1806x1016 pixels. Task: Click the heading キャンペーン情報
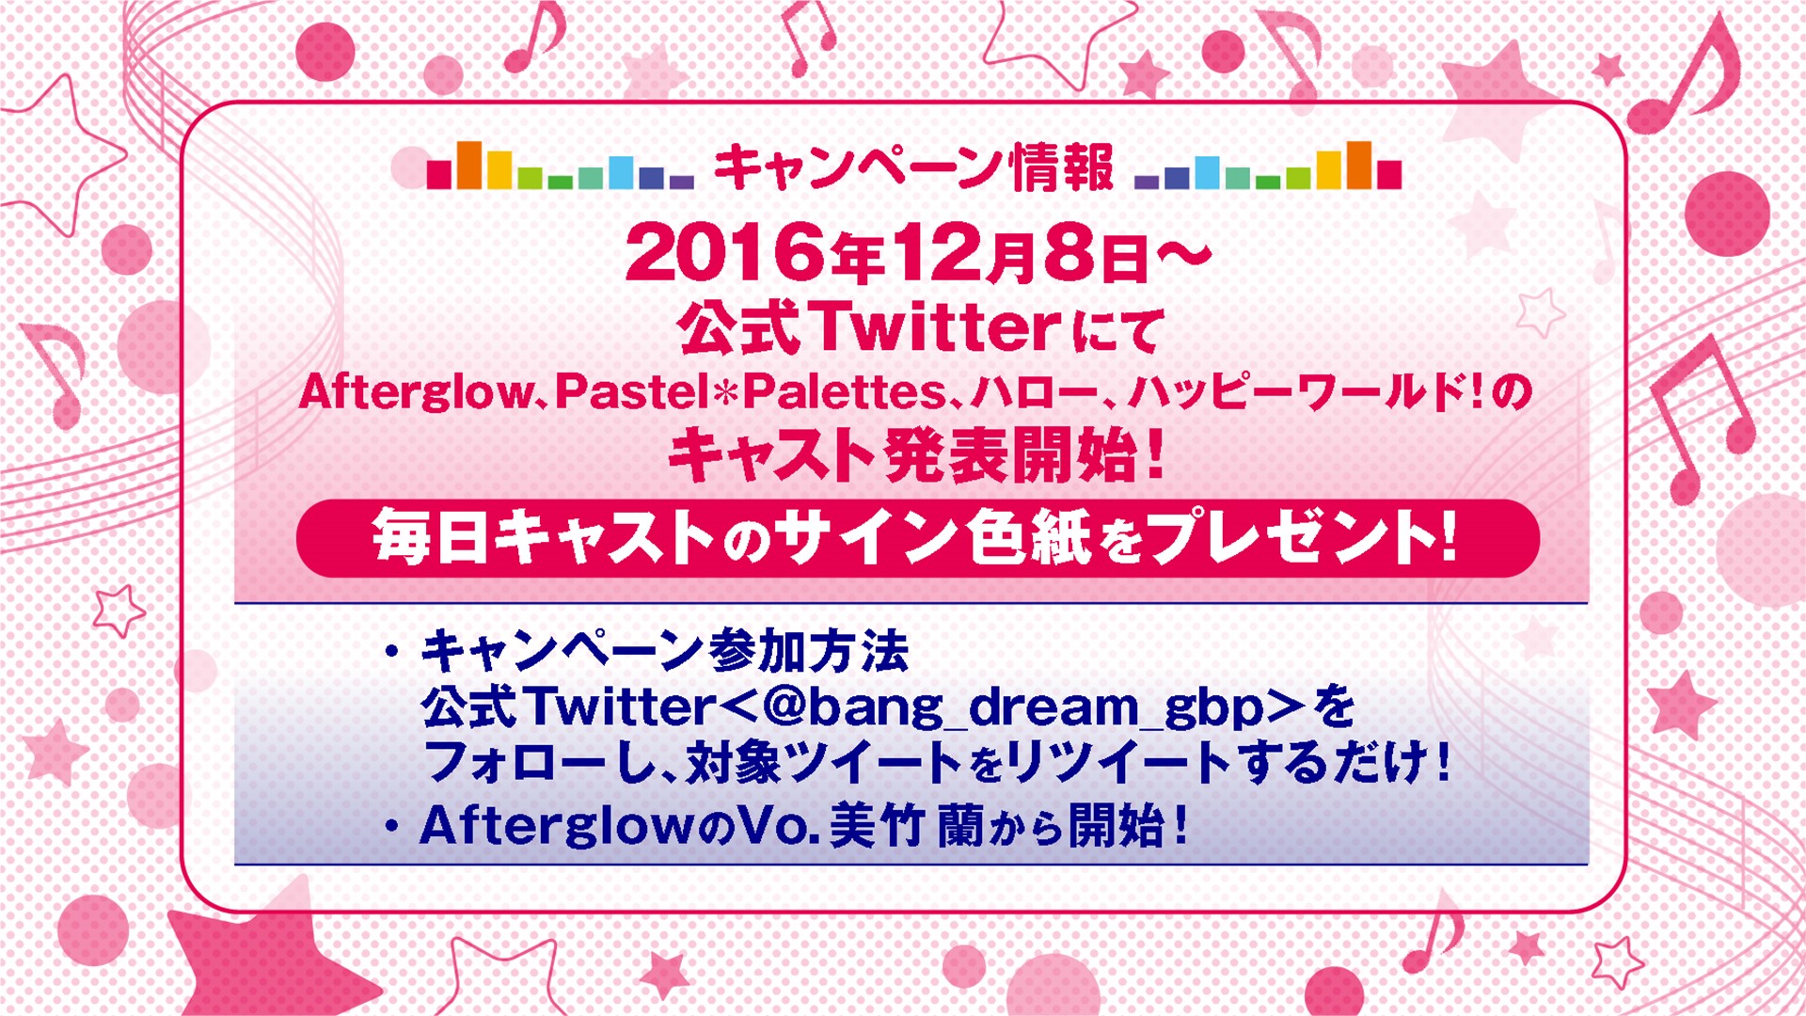click(x=913, y=167)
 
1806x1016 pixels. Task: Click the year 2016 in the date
click(x=727, y=254)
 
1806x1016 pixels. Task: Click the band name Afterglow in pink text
click(x=417, y=392)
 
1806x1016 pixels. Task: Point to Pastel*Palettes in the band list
click(x=750, y=391)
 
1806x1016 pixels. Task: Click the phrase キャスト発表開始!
click(x=917, y=456)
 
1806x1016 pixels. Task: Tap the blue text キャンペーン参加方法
click(x=664, y=651)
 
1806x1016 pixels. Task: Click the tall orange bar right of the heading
click(x=1358, y=166)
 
